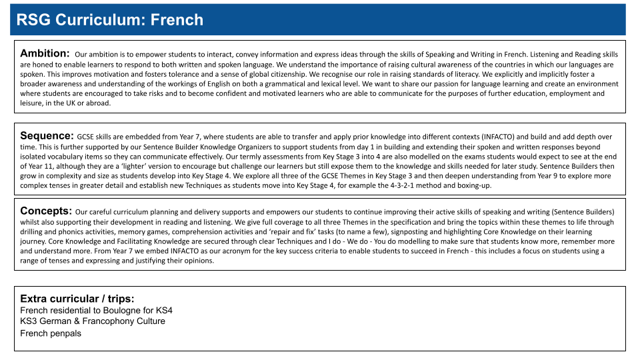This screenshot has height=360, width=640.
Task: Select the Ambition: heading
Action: pyautogui.click(x=45, y=53)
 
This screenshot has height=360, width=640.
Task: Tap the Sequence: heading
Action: pyautogui.click(x=47, y=135)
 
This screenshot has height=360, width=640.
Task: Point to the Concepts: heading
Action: pyautogui.click(x=46, y=211)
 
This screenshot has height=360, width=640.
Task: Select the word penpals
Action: pyautogui.click(x=65, y=333)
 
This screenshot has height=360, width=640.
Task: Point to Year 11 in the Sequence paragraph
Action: pyautogui.click(x=33, y=166)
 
